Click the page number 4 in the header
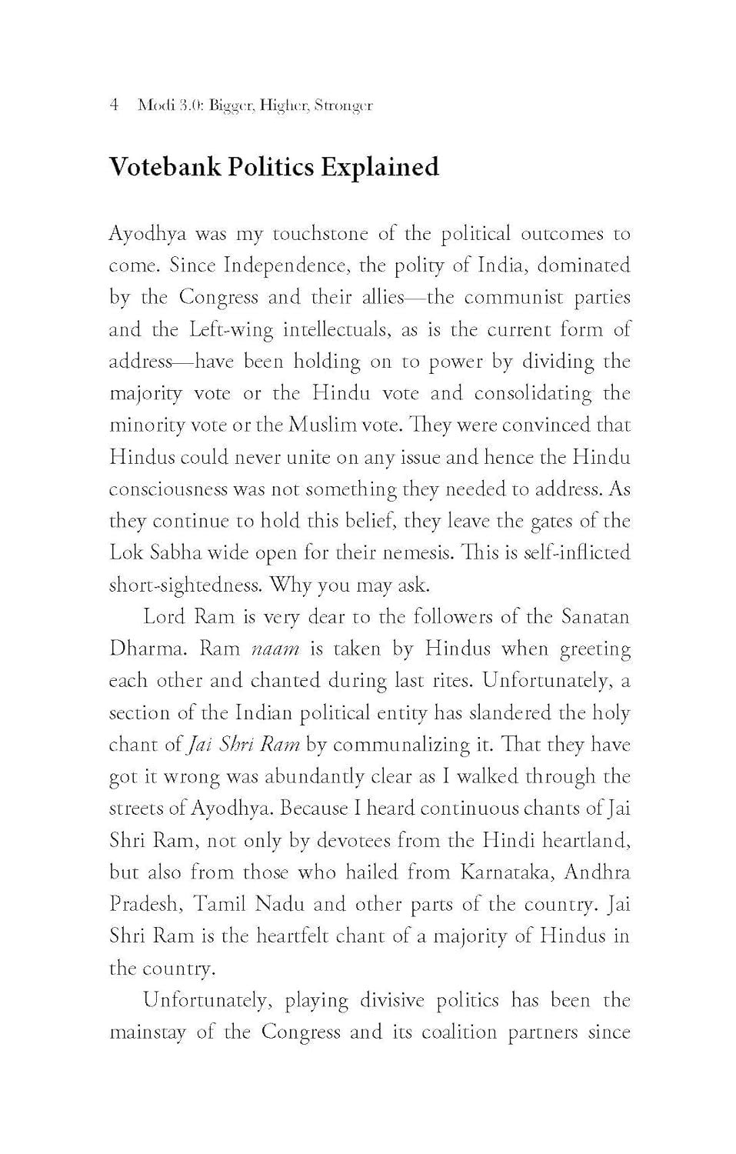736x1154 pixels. point(115,105)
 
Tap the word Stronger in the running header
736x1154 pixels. point(343,106)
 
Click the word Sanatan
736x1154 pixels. point(595,616)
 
